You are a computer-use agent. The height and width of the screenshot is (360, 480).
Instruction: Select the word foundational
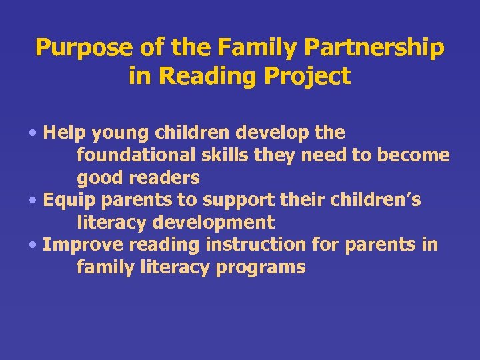135,155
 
